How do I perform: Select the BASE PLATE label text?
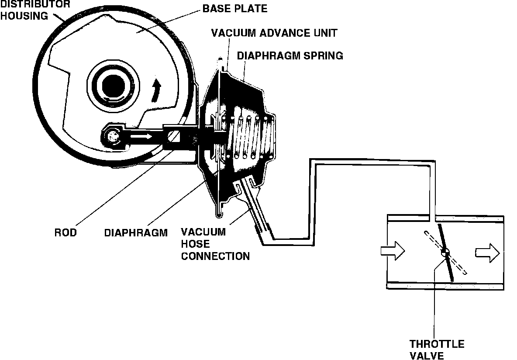[235, 8]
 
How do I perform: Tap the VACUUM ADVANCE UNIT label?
[274, 33]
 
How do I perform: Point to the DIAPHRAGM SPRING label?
[290, 56]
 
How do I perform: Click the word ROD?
[65, 232]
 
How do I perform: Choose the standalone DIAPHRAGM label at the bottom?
[136, 232]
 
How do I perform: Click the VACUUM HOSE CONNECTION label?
[215, 244]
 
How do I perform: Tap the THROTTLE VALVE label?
[437, 350]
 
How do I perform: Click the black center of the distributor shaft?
[114, 83]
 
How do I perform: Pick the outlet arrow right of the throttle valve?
[488, 252]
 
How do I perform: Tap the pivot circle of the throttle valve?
[445, 252]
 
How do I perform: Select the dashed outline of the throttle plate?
[458, 267]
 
